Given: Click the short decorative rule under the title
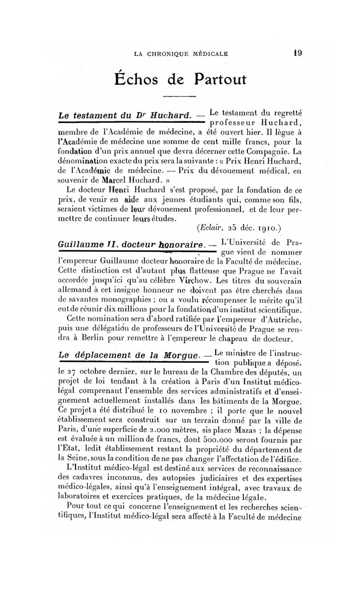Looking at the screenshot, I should (x=179, y=97).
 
